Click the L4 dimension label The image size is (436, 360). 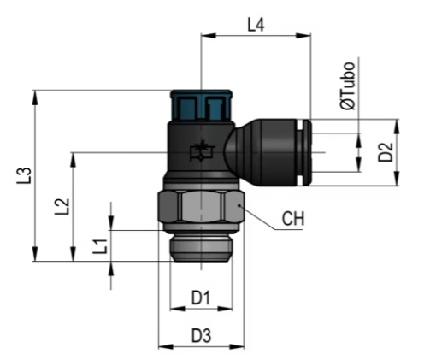tap(256, 25)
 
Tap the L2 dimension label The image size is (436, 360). tap(62, 206)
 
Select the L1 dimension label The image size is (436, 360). tap(100, 246)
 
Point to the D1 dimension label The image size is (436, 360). tap(201, 298)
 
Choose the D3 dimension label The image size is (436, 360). tap(201, 335)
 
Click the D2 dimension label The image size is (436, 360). tap(386, 152)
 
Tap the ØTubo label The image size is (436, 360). tap(348, 86)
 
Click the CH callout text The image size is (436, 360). tap(293, 219)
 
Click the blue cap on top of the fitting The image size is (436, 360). tap(201, 105)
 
